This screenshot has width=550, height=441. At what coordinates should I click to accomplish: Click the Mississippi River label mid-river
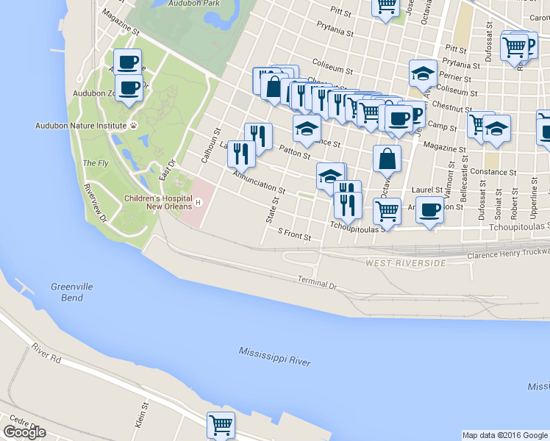[x=274, y=357]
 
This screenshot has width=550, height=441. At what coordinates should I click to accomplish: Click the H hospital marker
[x=198, y=201]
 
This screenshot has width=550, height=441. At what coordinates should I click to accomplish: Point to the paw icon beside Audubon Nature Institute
[x=134, y=126]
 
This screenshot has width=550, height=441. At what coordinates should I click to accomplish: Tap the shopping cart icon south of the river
[x=221, y=424]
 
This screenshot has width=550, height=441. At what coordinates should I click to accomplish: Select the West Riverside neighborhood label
[x=406, y=262]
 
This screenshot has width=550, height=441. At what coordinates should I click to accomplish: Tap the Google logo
[x=24, y=431]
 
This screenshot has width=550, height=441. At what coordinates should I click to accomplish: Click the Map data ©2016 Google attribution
[x=505, y=435]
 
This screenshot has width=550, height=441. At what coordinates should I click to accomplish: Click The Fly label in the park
[x=96, y=163]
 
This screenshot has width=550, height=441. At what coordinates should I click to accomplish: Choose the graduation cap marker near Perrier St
[x=423, y=73]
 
